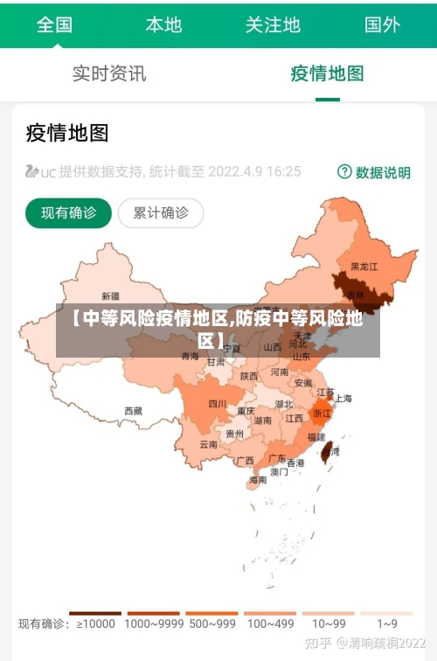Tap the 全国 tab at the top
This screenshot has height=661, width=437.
coord(54,24)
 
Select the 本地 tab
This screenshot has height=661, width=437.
coord(163,24)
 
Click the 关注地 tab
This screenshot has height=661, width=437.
coord(273,24)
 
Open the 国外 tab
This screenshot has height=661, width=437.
coord(382,24)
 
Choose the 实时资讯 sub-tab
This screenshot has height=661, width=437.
coord(109,73)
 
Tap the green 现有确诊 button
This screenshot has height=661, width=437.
coord(68,212)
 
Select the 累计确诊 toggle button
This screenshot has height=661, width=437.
coord(160,212)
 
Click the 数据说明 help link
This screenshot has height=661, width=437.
coord(374,172)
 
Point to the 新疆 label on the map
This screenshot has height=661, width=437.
coord(111,296)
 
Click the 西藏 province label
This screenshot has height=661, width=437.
coord(133,411)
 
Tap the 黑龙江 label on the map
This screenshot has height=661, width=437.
coord(364,266)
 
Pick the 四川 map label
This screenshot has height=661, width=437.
coord(218,404)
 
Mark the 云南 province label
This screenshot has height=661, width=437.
coord(208,444)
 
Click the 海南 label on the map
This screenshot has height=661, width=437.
coord(258,480)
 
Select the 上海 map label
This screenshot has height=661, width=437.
coord(343,399)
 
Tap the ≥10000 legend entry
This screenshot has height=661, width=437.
coord(95,623)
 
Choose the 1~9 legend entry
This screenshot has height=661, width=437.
coord(387,623)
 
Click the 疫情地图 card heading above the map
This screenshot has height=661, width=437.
coord(67,133)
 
